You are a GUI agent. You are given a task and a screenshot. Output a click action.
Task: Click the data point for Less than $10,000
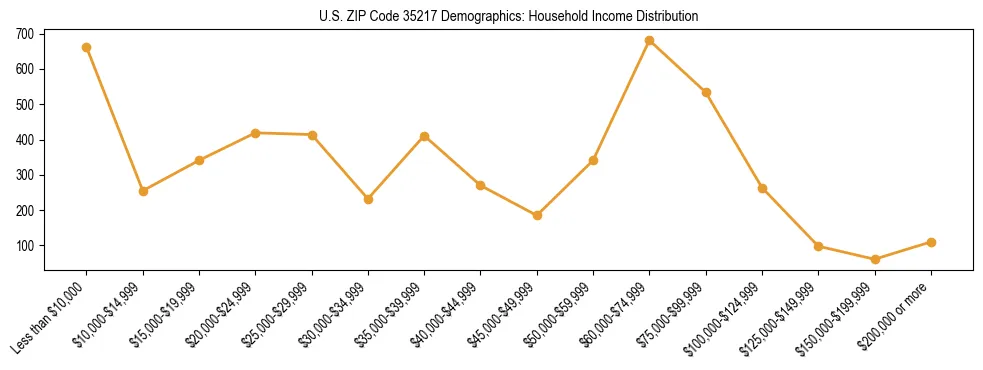87,47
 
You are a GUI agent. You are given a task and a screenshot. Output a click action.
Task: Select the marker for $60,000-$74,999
650,41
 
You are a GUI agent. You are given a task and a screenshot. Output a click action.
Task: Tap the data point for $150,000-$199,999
875,259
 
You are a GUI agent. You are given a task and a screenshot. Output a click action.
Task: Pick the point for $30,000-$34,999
369,199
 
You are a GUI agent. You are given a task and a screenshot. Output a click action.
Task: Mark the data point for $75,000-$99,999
706,92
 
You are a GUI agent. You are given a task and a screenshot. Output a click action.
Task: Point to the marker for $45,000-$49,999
538,215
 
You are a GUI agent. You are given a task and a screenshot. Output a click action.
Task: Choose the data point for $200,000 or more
931,242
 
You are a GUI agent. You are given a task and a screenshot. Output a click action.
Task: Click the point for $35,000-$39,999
425,136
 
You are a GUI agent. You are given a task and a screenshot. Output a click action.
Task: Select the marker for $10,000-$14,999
143,191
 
